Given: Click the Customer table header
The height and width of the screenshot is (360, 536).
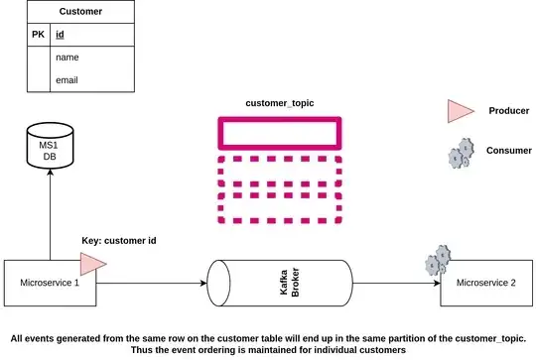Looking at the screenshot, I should (80, 12).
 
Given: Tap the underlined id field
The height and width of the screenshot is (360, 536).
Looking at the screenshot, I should (61, 35).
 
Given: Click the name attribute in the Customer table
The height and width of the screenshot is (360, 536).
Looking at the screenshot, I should (67, 58).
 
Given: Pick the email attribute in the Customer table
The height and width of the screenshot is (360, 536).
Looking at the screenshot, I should (67, 80).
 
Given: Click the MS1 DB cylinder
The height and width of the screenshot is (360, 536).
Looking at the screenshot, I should (50, 153).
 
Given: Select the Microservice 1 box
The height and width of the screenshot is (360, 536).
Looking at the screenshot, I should (50, 283).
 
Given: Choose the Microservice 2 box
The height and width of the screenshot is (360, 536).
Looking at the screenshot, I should (485, 283).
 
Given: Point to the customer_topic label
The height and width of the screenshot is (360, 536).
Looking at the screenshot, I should (279, 104).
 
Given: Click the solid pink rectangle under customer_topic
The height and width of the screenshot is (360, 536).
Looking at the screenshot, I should (279, 134).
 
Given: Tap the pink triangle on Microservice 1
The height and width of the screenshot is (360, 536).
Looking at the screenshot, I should (93, 263).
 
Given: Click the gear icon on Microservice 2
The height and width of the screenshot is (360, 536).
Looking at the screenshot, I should (436, 263).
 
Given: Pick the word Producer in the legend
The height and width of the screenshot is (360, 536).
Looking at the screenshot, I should (509, 111).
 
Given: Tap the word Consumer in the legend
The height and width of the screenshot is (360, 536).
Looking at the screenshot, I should (509, 151).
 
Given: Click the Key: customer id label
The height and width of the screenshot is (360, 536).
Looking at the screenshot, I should (118, 240).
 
